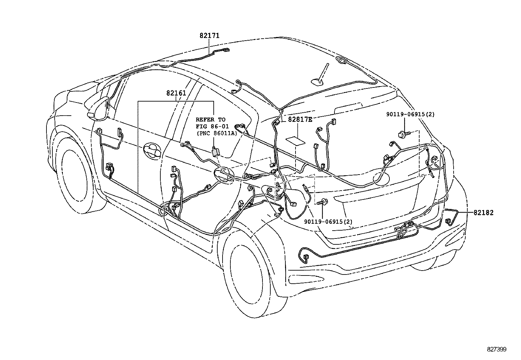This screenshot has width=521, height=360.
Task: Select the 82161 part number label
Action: [176, 93]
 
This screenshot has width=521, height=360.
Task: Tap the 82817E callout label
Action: [300, 120]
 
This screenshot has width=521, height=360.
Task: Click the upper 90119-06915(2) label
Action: [410, 114]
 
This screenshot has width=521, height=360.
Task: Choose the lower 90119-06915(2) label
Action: [328, 222]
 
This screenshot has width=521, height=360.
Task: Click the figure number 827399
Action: [496, 350]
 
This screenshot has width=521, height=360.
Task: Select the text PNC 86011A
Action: [217, 133]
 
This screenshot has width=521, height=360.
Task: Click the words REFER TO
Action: [210, 120]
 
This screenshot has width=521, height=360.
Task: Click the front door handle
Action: [153, 150]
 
